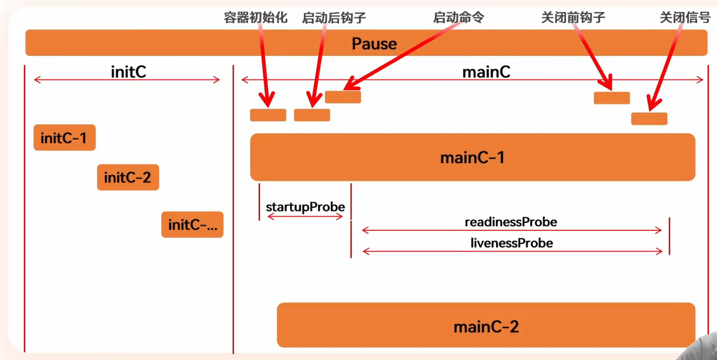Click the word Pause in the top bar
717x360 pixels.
374,44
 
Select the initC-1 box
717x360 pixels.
64,138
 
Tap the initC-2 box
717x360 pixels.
128,177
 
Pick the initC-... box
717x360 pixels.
192,224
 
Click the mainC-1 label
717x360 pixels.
472,158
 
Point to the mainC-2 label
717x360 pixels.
486,326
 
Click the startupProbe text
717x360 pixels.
305,207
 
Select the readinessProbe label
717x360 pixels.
511,222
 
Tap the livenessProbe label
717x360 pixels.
512,243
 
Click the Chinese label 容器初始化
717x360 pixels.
255,17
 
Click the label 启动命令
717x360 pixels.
458,17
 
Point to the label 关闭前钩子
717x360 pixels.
573,17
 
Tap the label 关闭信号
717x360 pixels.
685,17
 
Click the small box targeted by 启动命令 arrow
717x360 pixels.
343,97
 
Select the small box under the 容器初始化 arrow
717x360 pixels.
268,115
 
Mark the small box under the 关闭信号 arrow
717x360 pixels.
649,119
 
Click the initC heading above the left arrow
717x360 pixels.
128,72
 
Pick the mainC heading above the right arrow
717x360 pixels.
486,72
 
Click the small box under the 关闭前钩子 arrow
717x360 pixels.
612,98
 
